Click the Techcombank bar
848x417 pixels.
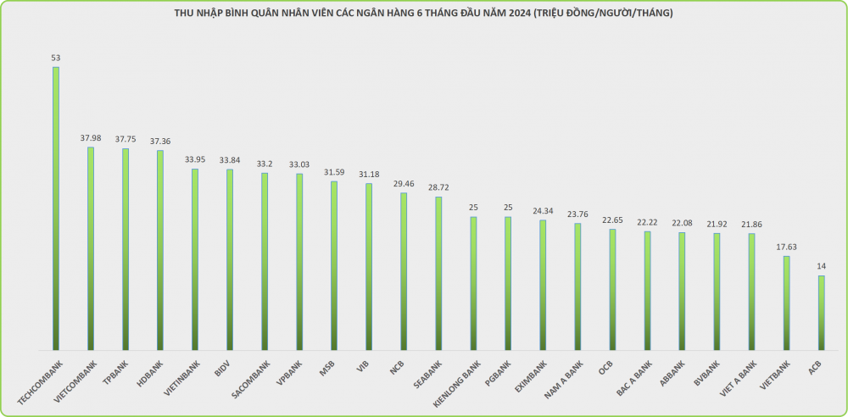click(x=56, y=208)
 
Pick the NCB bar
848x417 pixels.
click(x=404, y=271)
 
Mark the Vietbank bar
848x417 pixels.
click(x=786, y=303)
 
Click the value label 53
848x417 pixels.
click(x=56, y=58)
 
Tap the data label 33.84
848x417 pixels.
click(x=230, y=159)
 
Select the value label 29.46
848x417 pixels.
click(x=404, y=183)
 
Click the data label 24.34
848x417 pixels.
click(x=543, y=210)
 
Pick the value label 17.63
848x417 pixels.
click(x=786, y=247)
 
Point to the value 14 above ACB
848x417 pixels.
click(x=821, y=266)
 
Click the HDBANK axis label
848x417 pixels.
click(x=149, y=373)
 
